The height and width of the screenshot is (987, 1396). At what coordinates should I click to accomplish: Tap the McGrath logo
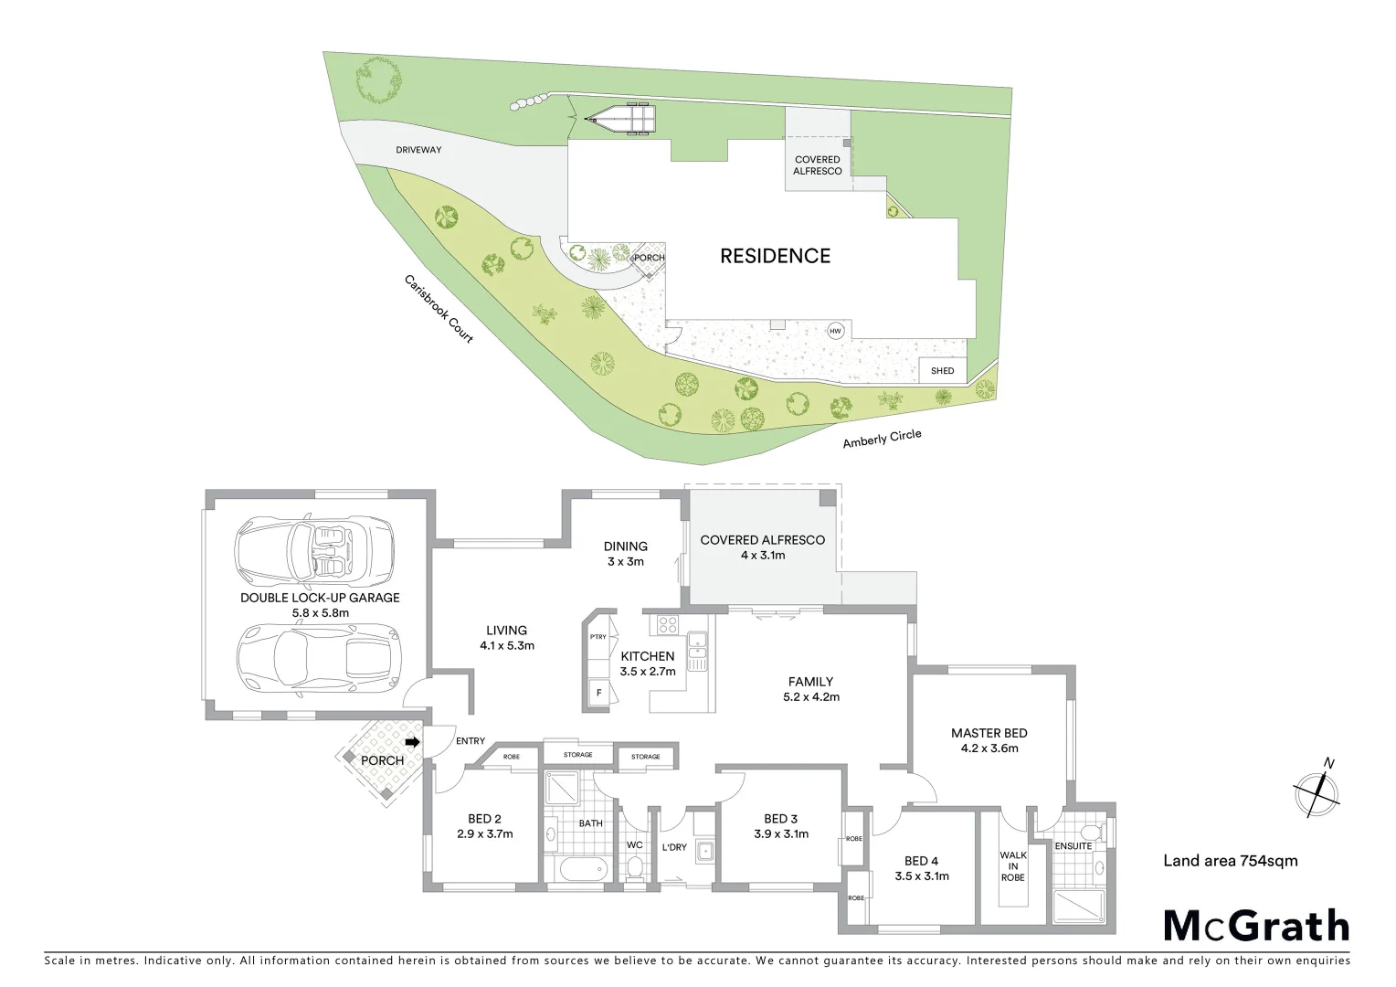click(x=1256, y=926)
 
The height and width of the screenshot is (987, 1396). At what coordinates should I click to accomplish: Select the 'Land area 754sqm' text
click(x=1230, y=860)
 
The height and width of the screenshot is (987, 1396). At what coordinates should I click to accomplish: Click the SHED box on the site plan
click(x=942, y=370)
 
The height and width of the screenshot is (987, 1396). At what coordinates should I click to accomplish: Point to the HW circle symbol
click(x=834, y=331)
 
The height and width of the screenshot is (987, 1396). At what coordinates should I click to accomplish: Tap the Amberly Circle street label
click(x=882, y=440)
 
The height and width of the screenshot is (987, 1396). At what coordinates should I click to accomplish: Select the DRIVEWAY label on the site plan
click(x=419, y=149)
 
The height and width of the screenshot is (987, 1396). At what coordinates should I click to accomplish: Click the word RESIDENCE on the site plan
click(x=775, y=256)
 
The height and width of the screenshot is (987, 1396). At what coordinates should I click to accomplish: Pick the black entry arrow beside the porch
click(x=412, y=742)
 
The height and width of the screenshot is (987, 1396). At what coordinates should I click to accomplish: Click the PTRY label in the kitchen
click(x=598, y=637)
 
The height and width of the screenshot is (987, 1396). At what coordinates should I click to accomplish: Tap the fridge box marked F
click(x=599, y=692)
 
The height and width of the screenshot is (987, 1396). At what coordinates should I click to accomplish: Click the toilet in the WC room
click(x=635, y=868)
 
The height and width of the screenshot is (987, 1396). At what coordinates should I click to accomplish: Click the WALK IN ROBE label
click(x=1013, y=866)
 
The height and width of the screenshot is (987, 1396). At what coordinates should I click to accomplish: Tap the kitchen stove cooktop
click(x=667, y=626)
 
